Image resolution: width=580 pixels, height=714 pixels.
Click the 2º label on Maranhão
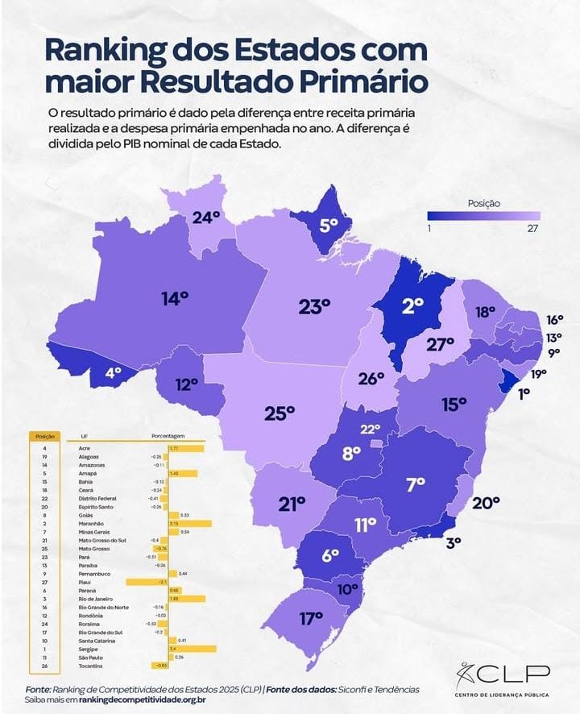(412, 305)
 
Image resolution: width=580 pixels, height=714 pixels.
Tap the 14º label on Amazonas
(174, 298)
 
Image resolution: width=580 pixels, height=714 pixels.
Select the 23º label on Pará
(314, 307)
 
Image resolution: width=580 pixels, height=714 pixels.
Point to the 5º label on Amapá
(328, 226)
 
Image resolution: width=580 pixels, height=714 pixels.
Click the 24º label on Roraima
(205, 218)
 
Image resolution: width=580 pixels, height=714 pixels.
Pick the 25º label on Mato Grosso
(280, 413)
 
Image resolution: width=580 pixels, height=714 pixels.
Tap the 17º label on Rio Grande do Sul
(311, 619)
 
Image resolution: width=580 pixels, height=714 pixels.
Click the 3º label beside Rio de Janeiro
(453, 542)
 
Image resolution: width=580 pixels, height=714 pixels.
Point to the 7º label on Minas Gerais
(415, 484)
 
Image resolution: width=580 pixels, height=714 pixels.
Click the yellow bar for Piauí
(147, 582)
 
